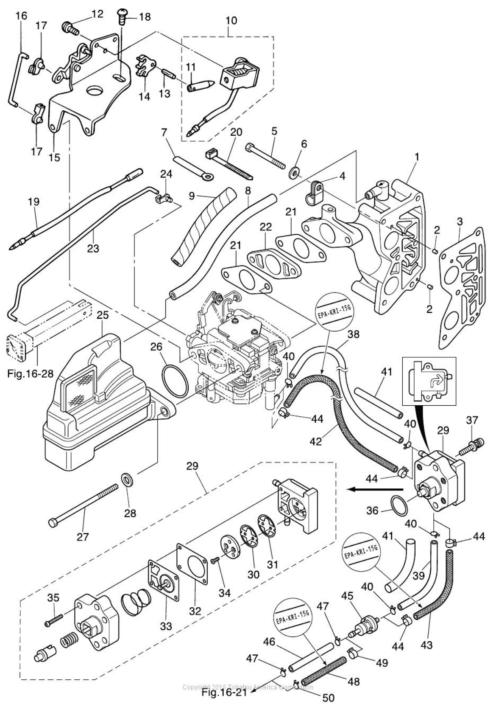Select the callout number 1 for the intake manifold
[417, 157]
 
